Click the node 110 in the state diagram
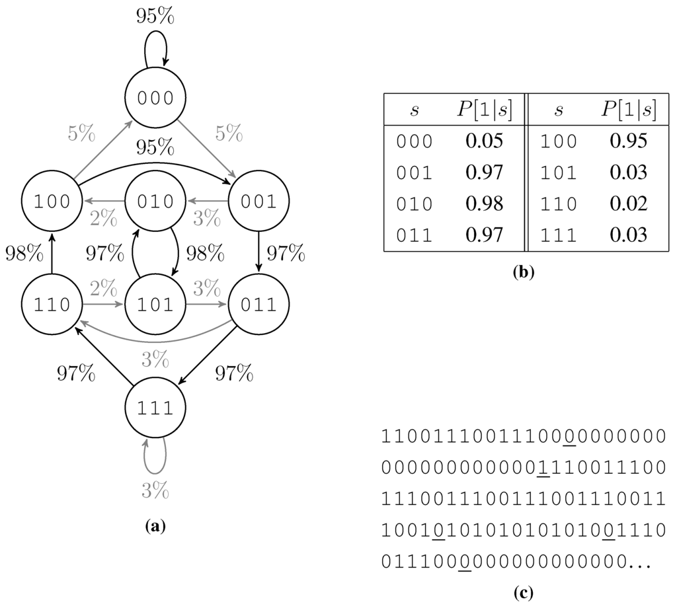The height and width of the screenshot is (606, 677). pos(52,305)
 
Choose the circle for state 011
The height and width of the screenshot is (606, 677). pos(259,305)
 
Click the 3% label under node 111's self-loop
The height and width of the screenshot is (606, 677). pos(155,490)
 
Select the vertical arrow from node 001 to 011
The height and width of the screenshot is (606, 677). pos(259,253)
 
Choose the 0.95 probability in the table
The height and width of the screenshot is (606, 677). pos(629,141)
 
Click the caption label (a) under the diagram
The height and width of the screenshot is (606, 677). pos(155,526)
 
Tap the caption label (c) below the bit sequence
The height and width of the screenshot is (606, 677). pos(522,593)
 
